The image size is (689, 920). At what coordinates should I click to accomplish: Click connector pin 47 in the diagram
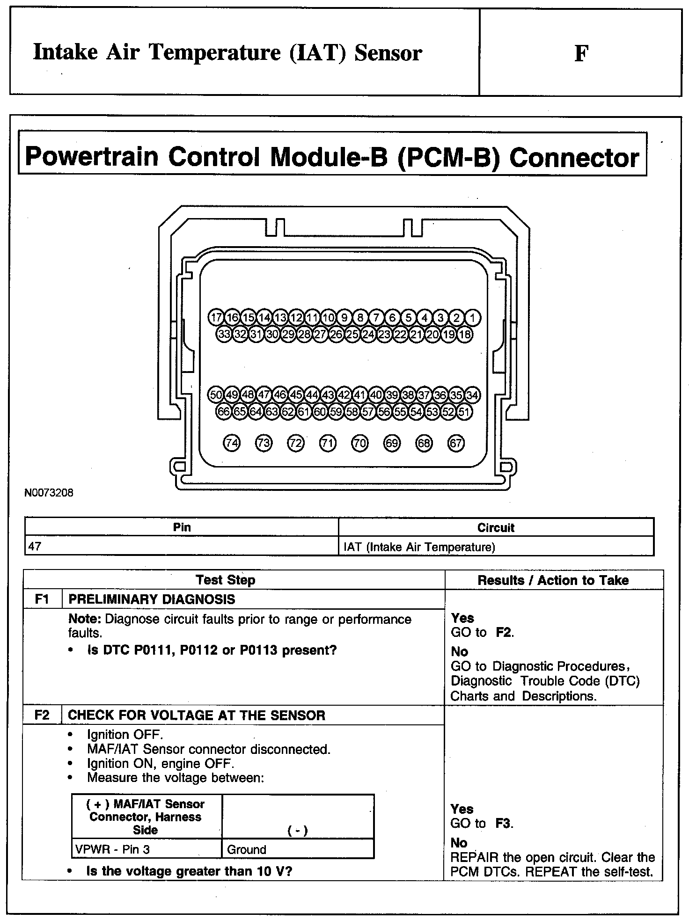pos(264,395)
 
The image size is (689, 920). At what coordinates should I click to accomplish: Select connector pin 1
pos(472,318)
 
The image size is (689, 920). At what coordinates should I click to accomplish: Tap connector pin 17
pos(216,318)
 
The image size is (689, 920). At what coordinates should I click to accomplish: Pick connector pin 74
pos(232,443)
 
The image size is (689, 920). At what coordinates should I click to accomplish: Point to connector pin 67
pos(456,443)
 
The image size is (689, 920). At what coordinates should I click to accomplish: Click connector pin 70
pos(359,443)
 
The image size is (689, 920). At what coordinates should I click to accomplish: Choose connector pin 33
pos(224,335)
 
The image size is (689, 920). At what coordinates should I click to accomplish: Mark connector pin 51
pos(464,412)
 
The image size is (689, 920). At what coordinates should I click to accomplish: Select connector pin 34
pos(472,395)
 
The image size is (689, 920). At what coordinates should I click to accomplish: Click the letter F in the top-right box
pos(581,53)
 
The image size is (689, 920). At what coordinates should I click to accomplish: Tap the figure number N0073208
pos(49,493)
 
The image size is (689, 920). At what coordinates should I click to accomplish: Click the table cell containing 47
pos(181,547)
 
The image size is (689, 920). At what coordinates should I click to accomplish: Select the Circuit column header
pos(496,527)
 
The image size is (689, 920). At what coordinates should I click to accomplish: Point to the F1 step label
pos(42,599)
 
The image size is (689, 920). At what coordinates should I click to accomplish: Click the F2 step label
pos(42,715)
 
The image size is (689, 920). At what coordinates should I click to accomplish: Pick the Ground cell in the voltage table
pos(297,849)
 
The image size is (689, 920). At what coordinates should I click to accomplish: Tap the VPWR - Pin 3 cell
pos(146,849)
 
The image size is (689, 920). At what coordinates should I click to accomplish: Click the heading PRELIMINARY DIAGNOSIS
pos(152,599)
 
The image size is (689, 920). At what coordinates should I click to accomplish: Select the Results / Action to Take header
pos(553,580)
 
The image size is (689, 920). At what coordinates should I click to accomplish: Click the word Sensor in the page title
pos(388,52)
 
